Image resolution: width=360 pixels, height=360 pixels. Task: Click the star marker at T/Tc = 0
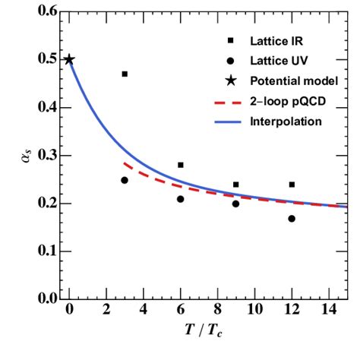click(x=69, y=60)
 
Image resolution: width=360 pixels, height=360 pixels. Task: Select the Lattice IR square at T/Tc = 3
click(x=125, y=74)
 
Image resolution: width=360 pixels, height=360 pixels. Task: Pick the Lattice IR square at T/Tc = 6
click(x=181, y=165)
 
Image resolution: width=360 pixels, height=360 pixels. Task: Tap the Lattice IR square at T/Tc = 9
click(x=235, y=185)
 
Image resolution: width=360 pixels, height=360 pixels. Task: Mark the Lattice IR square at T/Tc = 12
click(x=292, y=185)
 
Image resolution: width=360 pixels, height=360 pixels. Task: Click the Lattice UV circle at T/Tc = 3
click(x=125, y=180)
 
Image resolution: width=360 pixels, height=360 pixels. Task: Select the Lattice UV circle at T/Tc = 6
click(x=181, y=199)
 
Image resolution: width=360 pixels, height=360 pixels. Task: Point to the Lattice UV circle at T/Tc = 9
click(x=235, y=204)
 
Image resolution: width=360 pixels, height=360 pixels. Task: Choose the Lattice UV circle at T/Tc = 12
click(x=292, y=219)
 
